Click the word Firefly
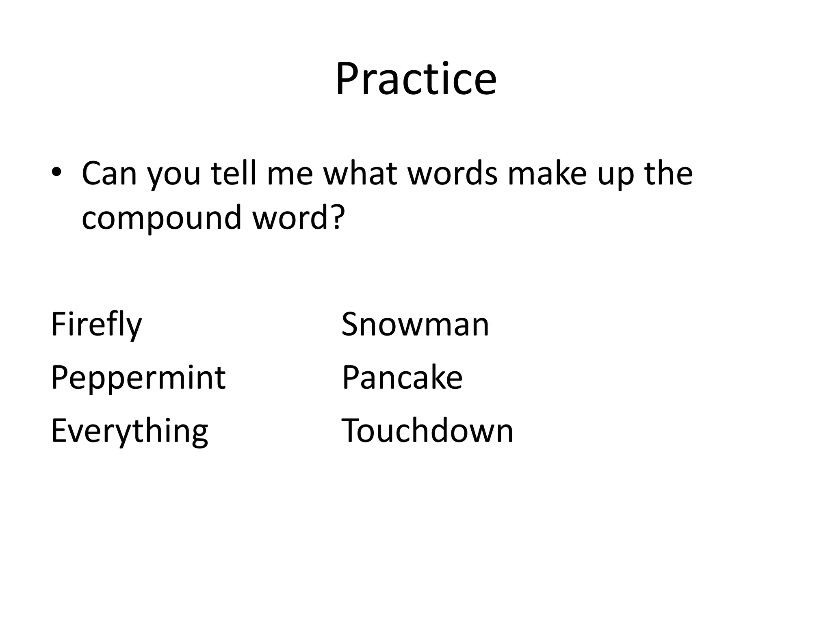(96, 325)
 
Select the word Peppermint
(138, 378)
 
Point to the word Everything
(129, 431)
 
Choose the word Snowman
(415, 325)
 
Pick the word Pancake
(402, 378)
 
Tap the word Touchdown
(427, 431)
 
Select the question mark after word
(338, 216)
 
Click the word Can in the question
(109, 174)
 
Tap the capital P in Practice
(348, 79)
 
